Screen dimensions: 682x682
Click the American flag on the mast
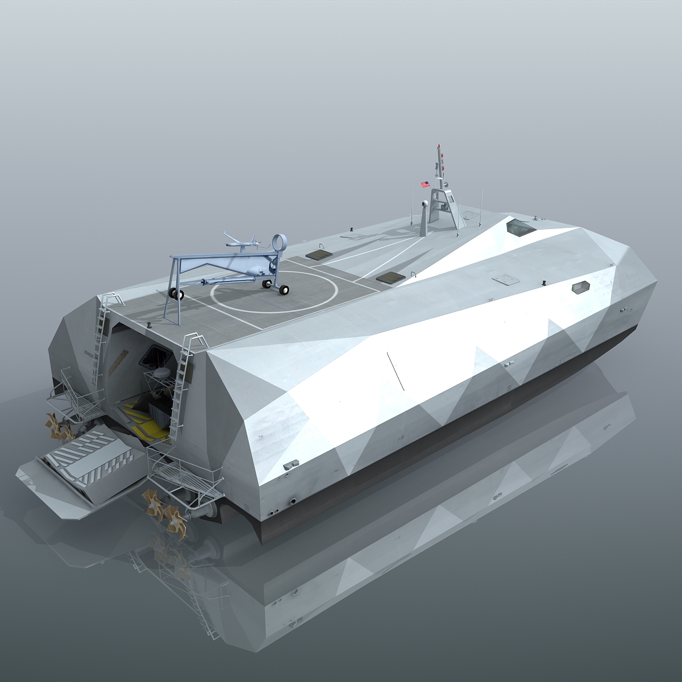point(425,184)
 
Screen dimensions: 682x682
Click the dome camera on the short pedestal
point(425,204)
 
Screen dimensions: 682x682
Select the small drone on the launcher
point(243,242)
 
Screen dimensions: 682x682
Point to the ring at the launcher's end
point(279,243)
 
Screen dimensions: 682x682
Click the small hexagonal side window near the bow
point(581,287)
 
